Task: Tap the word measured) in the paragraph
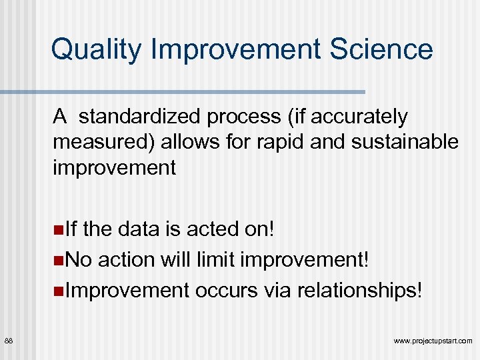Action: (x=100, y=142)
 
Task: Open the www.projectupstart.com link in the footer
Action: (x=433, y=341)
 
